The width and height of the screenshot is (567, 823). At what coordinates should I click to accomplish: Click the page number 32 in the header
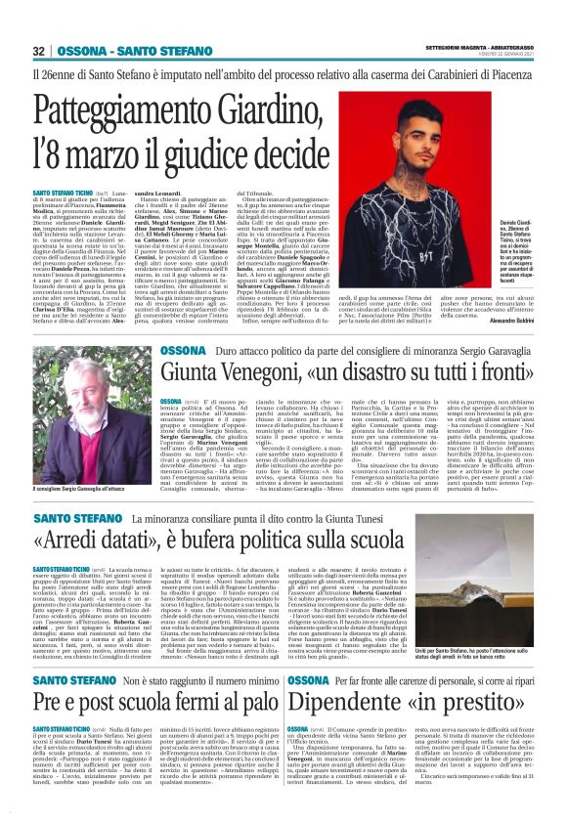click(x=38, y=51)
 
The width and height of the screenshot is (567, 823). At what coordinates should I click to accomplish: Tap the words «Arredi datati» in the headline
click(x=105, y=541)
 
